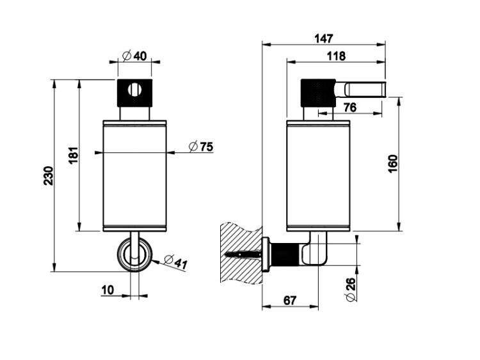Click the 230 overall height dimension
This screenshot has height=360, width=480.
tap(49, 176)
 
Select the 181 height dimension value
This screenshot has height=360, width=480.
tap(74, 155)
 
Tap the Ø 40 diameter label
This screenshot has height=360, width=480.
tap(134, 56)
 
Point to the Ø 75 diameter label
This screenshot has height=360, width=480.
tap(201, 147)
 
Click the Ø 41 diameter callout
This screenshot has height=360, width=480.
tap(175, 262)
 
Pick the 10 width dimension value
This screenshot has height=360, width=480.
tap(108, 290)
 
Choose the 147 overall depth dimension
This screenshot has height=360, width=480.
tap(324, 39)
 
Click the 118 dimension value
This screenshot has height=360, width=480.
tap(336, 56)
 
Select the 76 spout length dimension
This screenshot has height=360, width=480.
tap(350, 107)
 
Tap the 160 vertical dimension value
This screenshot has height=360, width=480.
tap(393, 164)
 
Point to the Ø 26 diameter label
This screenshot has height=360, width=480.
tap(351, 290)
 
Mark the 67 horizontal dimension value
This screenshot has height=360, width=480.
tap(290, 301)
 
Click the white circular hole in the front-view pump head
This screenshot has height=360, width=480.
tap(135, 90)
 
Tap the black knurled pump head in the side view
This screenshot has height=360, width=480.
tap(318, 93)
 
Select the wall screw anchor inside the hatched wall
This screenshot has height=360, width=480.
tap(243, 254)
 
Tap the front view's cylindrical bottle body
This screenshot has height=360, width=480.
tap(134, 176)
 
